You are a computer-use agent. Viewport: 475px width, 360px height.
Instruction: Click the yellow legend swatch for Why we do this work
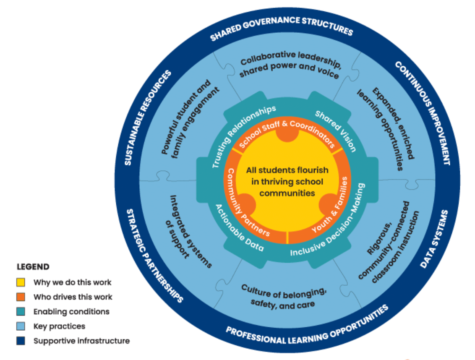(x=21, y=282)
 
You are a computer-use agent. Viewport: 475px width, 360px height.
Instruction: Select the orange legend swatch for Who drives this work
(x=21, y=297)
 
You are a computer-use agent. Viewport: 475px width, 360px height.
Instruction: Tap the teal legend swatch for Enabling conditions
(x=21, y=311)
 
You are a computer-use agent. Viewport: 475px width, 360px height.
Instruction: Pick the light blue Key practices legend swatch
(x=21, y=326)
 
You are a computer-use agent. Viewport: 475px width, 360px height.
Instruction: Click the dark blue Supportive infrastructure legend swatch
(x=21, y=341)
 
